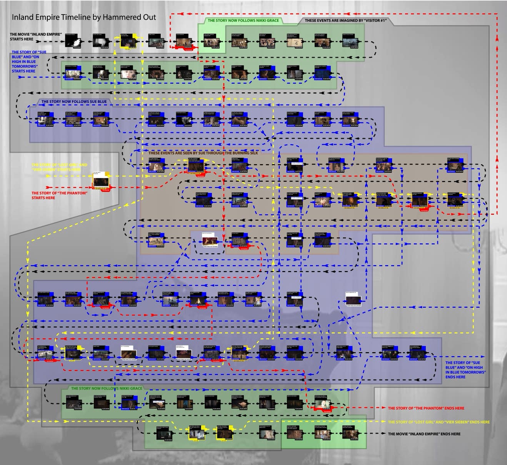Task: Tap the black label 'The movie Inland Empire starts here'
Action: click(x=35, y=37)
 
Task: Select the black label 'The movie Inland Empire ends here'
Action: click(x=424, y=434)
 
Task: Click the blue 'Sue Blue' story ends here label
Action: click(x=465, y=370)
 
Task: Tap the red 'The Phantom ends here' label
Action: click(x=426, y=408)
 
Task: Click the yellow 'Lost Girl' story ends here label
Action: click(x=439, y=422)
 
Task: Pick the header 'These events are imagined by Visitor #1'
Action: click(x=345, y=20)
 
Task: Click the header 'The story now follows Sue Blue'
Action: click(x=74, y=102)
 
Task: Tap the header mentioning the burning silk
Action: click(x=203, y=153)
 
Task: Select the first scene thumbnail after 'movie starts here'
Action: click(x=73, y=41)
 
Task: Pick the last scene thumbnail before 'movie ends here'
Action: click(x=351, y=433)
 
